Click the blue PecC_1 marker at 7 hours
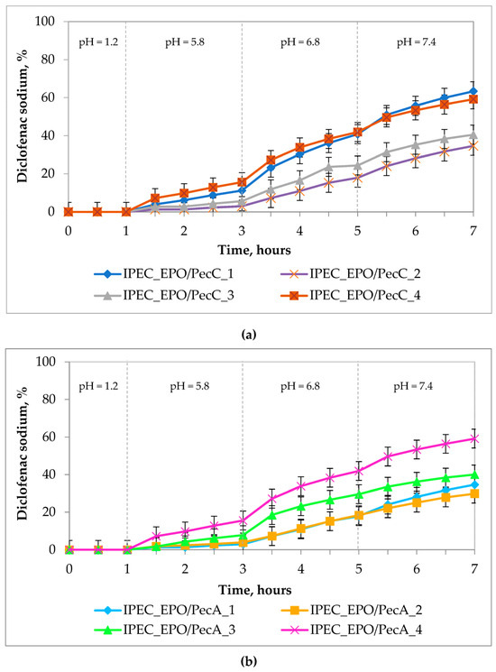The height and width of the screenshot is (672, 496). coord(473,91)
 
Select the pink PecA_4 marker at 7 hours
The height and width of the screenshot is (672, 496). coord(473,439)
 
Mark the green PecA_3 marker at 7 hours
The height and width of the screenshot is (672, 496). coord(473,474)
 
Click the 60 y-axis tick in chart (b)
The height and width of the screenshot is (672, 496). coord(51,437)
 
